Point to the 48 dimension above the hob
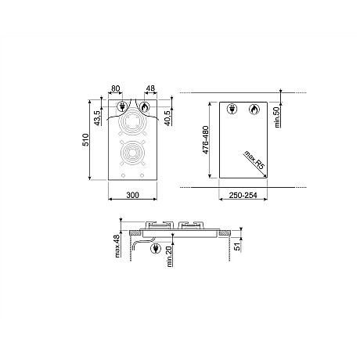tap(149, 90)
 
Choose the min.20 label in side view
tap(170, 256)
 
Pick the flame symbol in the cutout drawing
tap(252, 110)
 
